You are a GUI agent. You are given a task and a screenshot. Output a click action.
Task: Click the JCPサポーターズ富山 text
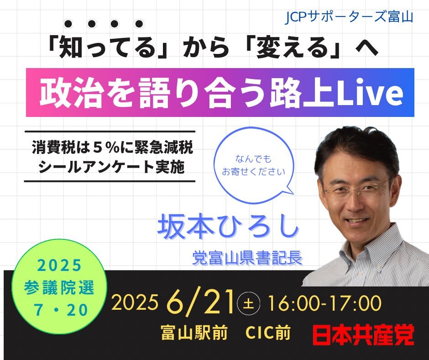tap(349, 17)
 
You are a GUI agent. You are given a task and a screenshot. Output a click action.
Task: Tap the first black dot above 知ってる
tap(68, 24)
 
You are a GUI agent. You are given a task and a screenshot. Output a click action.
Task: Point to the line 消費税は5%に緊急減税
tap(112, 147)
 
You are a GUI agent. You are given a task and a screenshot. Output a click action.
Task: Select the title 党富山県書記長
tap(247, 258)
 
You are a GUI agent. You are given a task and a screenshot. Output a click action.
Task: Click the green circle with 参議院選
tap(59, 286)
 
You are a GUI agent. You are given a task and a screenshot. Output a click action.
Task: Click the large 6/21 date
tap(200, 302)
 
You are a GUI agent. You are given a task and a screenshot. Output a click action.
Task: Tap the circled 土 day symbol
tap(248, 303)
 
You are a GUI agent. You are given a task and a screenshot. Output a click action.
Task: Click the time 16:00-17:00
tap(324, 303)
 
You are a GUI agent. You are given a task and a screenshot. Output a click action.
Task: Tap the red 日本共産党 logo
tap(363, 334)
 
